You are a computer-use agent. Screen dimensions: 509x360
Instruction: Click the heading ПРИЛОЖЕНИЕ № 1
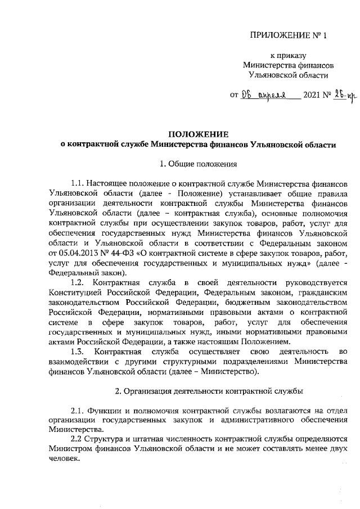click(x=287, y=35)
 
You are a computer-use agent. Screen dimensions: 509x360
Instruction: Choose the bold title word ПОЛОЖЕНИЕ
click(x=198, y=134)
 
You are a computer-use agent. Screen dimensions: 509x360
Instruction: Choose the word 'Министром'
click(x=72, y=449)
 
